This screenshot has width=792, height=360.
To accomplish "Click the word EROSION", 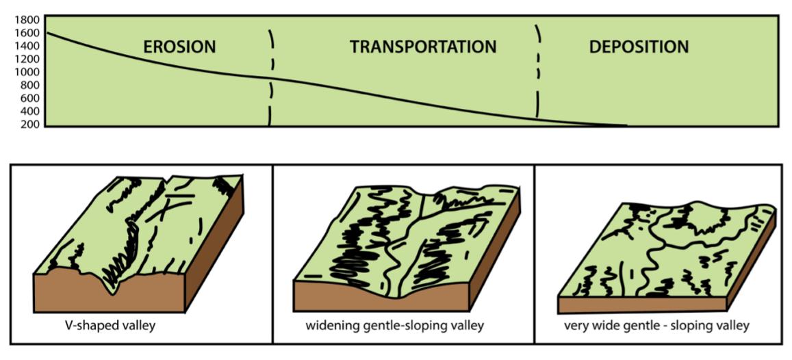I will (179, 47).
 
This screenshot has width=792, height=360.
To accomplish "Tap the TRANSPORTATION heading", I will (423, 47).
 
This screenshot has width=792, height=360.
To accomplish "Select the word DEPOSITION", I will (639, 47).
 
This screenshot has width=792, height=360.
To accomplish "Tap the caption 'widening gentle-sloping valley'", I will (395, 324).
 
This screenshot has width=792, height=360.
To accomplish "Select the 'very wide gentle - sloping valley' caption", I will (656, 324).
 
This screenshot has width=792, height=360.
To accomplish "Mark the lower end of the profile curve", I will (624, 125).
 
